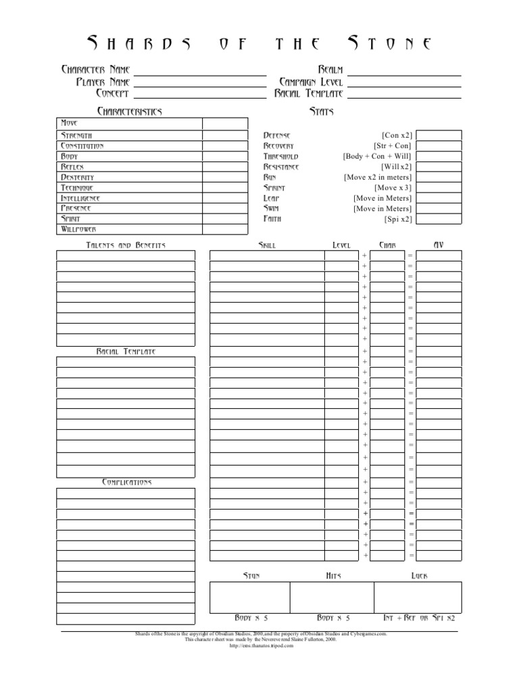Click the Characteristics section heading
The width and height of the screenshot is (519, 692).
[130, 111]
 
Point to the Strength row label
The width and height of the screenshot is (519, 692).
[77, 136]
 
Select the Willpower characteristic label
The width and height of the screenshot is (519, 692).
[78, 229]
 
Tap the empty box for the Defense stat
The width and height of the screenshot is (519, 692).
[439, 135]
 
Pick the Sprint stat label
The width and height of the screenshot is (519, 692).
[274, 187]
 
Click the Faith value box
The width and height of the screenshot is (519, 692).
[439, 219]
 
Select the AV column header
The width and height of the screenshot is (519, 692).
[439, 245]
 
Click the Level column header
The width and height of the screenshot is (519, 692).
[341, 245]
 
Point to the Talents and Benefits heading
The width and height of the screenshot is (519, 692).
[125, 245]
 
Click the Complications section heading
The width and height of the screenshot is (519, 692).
[126, 482]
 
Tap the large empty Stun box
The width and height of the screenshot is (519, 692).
[249, 597]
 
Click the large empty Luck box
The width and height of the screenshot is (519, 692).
[418, 597]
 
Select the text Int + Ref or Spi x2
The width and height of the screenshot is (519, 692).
[419, 618]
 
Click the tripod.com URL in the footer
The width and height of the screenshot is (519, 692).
[260, 645]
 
